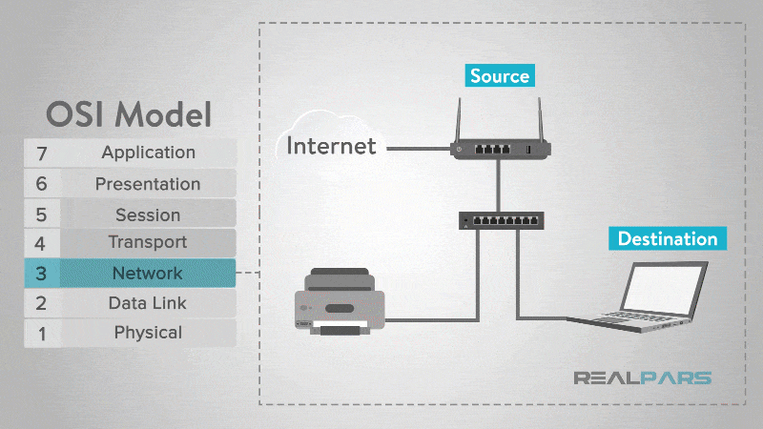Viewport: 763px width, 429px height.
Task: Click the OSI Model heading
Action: click(129, 114)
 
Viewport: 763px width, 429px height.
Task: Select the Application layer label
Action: click(148, 153)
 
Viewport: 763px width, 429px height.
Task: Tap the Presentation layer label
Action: click(148, 184)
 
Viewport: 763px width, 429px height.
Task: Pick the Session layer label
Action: click(148, 214)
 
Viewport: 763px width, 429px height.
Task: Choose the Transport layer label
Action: click(148, 242)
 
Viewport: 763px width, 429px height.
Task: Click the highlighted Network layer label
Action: click(147, 274)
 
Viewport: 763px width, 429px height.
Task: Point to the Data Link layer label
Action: click(148, 303)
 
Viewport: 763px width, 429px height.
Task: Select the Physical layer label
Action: click(148, 333)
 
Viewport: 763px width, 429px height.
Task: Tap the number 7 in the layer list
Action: click(41, 153)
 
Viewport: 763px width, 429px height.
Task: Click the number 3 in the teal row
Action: click(41, 274)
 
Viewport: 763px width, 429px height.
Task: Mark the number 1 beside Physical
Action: click(41, 333)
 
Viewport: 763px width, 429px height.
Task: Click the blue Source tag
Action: click(499, 75)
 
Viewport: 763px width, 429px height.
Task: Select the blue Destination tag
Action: click(667, 238)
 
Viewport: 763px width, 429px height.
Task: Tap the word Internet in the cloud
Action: click(331, 147)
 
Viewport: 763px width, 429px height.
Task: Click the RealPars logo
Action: click(641, 378)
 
